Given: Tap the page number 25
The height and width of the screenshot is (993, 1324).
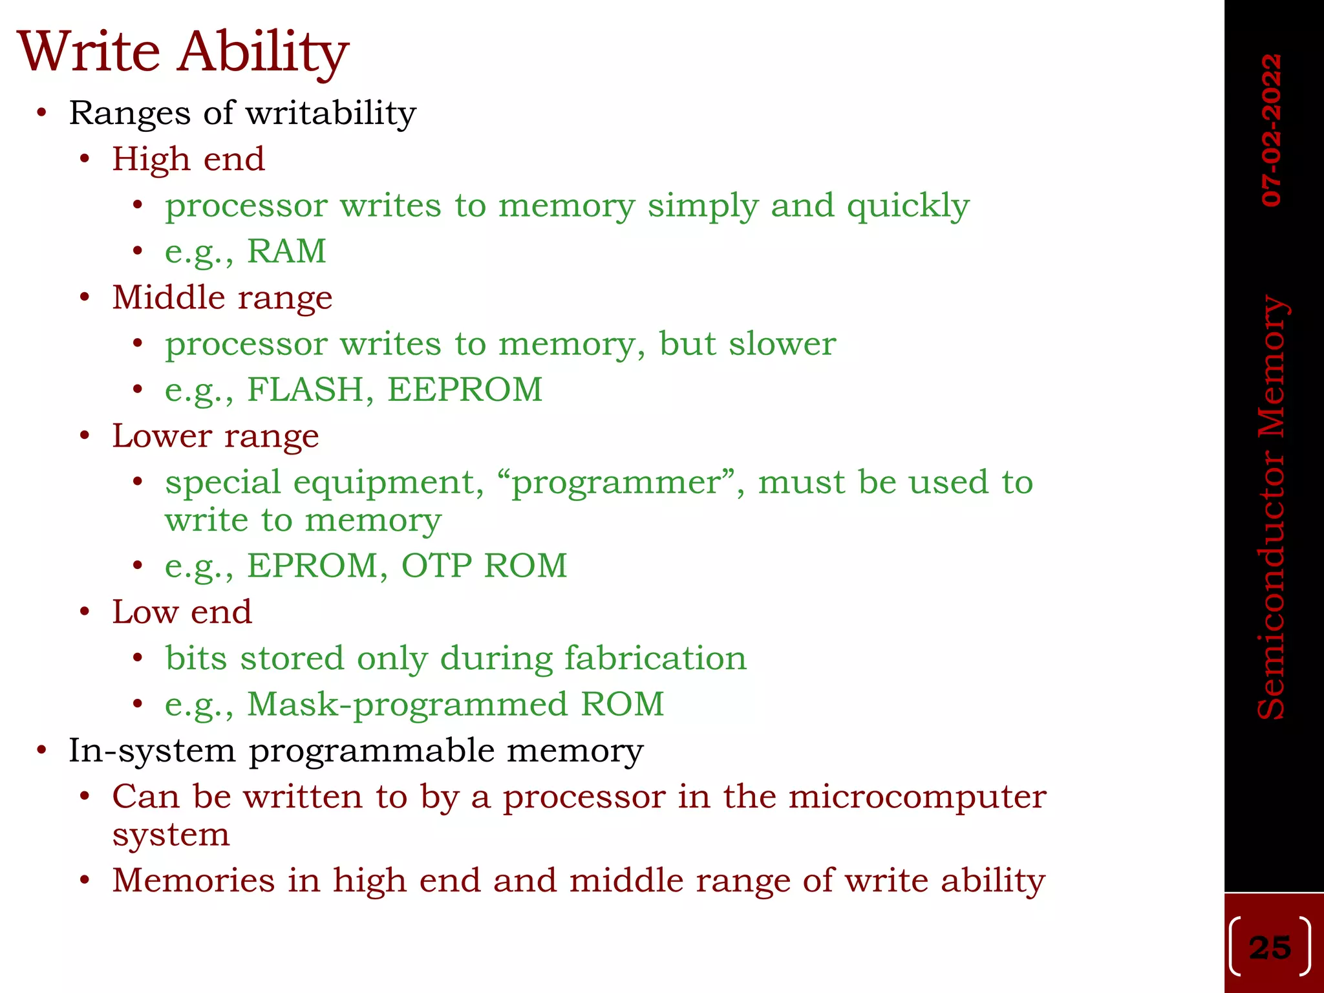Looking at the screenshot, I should [1270, 948].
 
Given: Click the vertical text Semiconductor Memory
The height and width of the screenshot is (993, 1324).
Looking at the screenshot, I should [1272, 507].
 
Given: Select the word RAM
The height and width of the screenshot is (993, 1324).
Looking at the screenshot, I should [286, 251].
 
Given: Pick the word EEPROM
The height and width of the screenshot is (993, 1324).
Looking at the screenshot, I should [465, 389].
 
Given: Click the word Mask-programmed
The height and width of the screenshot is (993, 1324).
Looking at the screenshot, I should [407, 704].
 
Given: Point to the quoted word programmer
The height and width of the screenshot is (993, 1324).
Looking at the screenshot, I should [617, 483].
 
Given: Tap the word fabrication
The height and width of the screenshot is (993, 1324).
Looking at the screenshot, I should [656, 658].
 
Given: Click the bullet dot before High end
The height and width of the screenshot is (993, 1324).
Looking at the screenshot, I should [85, 159].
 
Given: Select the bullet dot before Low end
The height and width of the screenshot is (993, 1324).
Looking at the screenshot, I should [85, 612].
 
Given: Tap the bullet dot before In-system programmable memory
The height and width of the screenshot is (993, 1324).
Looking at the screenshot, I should [42, 751].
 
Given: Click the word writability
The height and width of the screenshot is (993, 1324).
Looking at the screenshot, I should [331, 114].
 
